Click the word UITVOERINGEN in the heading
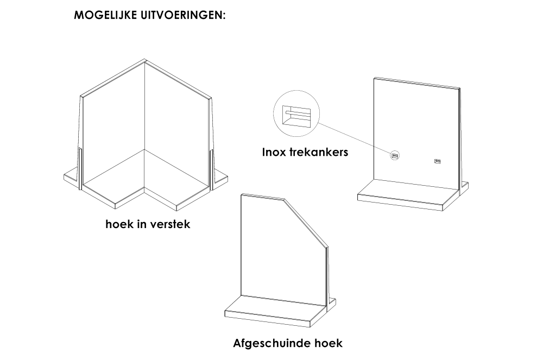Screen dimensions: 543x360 coord(183,15)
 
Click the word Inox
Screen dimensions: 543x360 coord(274,152)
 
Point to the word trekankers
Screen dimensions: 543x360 coord(319,152)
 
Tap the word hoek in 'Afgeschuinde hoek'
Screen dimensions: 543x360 coord(329,343)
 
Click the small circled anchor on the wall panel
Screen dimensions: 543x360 coord(395,156)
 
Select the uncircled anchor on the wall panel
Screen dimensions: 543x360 coord(437,161)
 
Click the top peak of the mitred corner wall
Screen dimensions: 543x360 coord(144,59)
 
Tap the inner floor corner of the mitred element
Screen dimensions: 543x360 coord(144,150)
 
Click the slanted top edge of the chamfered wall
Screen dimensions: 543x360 coord(305,222)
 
